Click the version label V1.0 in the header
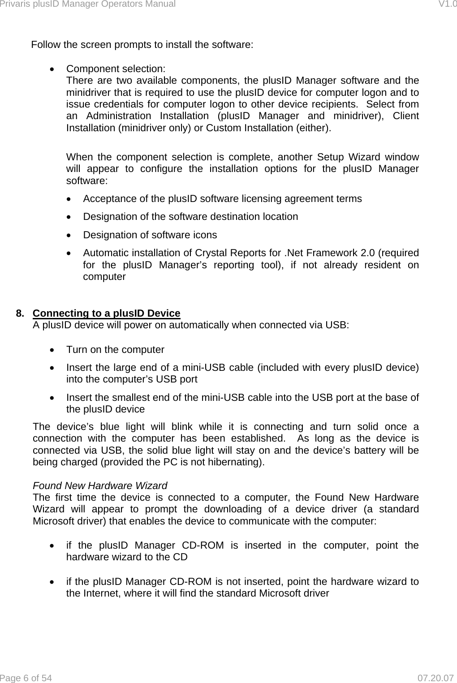[x=447, y=4]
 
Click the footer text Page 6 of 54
[x=26, y=678]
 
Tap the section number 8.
[x=20, y=313]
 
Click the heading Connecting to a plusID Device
[x=107, y=313]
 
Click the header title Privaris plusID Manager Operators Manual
[x=88, y=4]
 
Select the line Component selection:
[x=116, y=69]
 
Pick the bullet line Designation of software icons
[x=150, y=235]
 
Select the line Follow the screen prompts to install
[x=142, y=45]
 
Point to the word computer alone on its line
[x=104, y=277]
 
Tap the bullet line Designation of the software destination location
[x=190, y=217]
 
